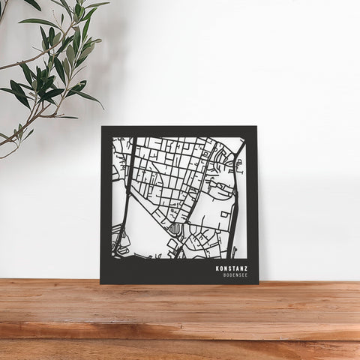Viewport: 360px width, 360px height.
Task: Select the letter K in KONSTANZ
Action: tap(217, 267)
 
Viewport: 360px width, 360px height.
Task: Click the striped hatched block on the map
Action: tap(174, 229)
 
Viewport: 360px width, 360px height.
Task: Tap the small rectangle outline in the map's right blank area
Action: tap(225, 215)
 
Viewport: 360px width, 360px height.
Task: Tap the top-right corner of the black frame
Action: tap(257, 127)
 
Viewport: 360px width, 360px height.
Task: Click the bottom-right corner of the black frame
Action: tap(258, 283)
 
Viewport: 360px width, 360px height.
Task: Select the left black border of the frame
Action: tap(106, 202)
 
